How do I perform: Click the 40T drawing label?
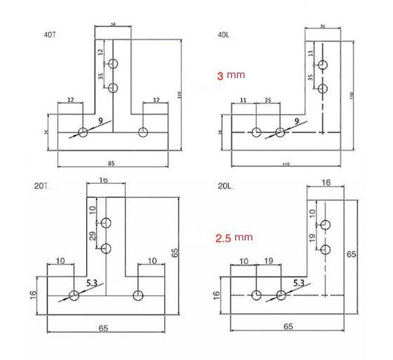coord(50,33)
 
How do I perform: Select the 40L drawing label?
coord(222,33)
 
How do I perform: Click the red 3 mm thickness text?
coord(230,76)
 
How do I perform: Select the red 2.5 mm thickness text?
coord(232,239)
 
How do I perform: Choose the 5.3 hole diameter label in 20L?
coord(298,282)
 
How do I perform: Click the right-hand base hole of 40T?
coord(143,132)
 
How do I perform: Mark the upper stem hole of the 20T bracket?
coord(107,222)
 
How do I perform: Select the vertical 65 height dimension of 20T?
coord(175,253)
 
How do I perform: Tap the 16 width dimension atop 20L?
coord(325,181)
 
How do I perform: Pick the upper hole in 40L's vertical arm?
coord(322,65)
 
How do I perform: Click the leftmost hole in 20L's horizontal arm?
coord(255,295)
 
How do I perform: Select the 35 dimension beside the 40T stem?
coord(102,76)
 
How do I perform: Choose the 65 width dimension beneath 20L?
coord(286,326)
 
